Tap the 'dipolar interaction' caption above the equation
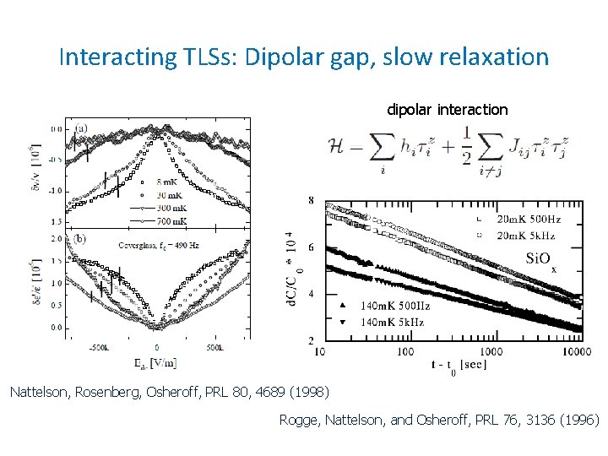click(447, 110)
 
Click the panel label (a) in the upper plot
click(81, 128)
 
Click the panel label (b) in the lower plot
click(81, 238)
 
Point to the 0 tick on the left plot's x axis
click(156, 347)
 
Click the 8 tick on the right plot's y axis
click(311, 200)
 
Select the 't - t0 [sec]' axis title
click(459, 366)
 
